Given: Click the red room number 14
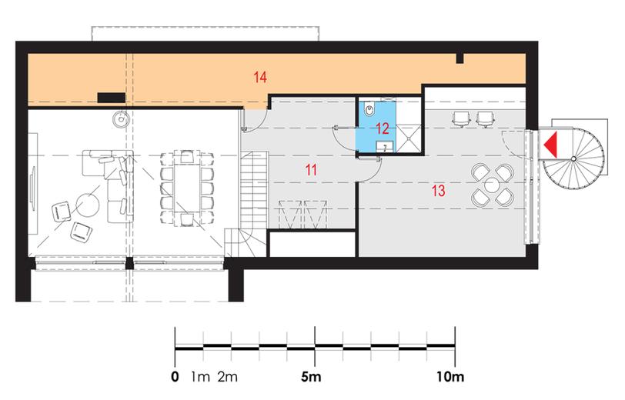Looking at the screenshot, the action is coord(260,77).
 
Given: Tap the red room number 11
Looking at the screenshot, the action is coord(311,170).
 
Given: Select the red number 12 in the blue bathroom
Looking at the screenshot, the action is coord(383,128).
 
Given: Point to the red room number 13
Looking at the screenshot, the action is coord(438,191).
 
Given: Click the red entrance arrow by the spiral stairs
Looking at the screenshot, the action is coord(551,143).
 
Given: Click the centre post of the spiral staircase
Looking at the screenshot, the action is coord(573,158).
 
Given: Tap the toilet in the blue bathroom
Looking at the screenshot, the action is coord(369,108).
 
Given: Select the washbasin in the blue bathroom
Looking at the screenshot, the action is coord(385,147).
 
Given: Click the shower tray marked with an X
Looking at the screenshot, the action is coord(409,138).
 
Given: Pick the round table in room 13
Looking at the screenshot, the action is coord(493,185).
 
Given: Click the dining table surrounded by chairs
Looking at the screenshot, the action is coord(187,188).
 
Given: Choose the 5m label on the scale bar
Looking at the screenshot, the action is coord(311,376).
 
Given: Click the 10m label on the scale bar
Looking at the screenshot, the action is coord(450,376).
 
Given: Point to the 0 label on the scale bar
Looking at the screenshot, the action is coord(175,376).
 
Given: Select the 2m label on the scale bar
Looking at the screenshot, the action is coord(227,376).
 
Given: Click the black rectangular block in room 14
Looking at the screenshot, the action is coord(112,98).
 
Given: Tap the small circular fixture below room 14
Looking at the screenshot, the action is coord(120,118).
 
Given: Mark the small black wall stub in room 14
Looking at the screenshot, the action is coord(460,58).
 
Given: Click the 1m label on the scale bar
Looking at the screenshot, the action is coord(200,376).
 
